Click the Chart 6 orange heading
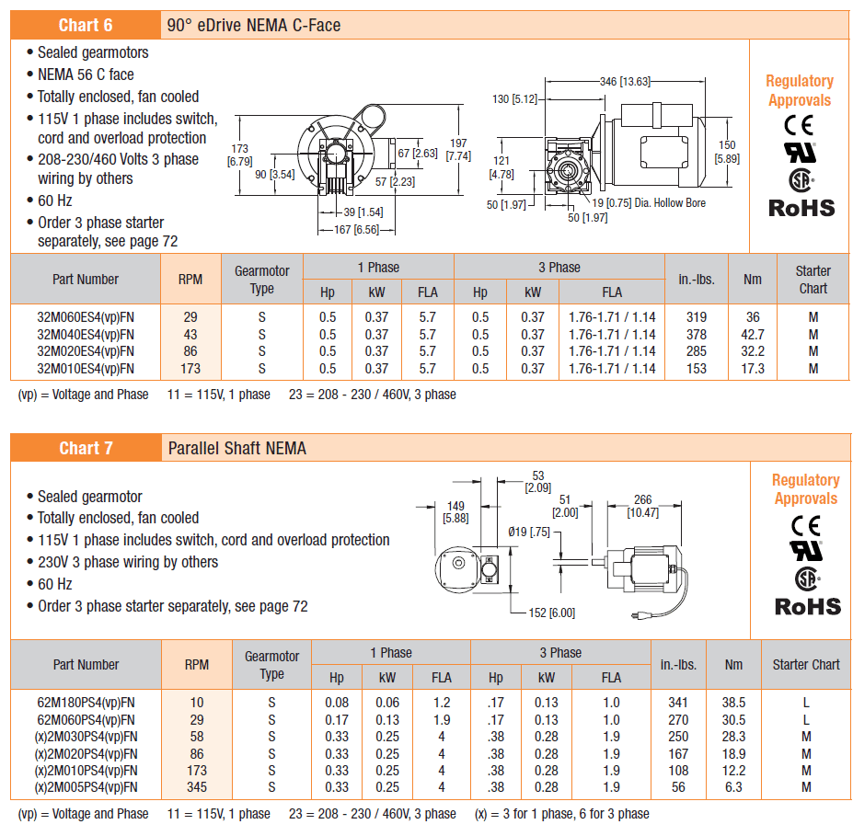(86, 25)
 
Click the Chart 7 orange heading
(86, 448)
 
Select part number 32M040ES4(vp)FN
(86, 334)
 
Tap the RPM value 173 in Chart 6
(190, 369)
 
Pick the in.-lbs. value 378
(697, 334)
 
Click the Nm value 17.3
(753, 369)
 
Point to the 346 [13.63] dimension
(625, 82)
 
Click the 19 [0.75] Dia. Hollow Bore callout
(649, 202)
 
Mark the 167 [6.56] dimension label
(356, 229)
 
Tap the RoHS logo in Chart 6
(801, 208)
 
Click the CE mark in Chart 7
(806, 526)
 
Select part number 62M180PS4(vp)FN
(86, 703)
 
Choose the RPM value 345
(197, 787)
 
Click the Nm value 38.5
(733, 703)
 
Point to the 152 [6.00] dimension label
(551, 613)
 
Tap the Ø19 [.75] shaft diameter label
(529, 532)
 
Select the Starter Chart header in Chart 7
(806, 664)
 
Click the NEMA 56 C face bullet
(86, 74)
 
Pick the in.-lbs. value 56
(678, 787)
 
